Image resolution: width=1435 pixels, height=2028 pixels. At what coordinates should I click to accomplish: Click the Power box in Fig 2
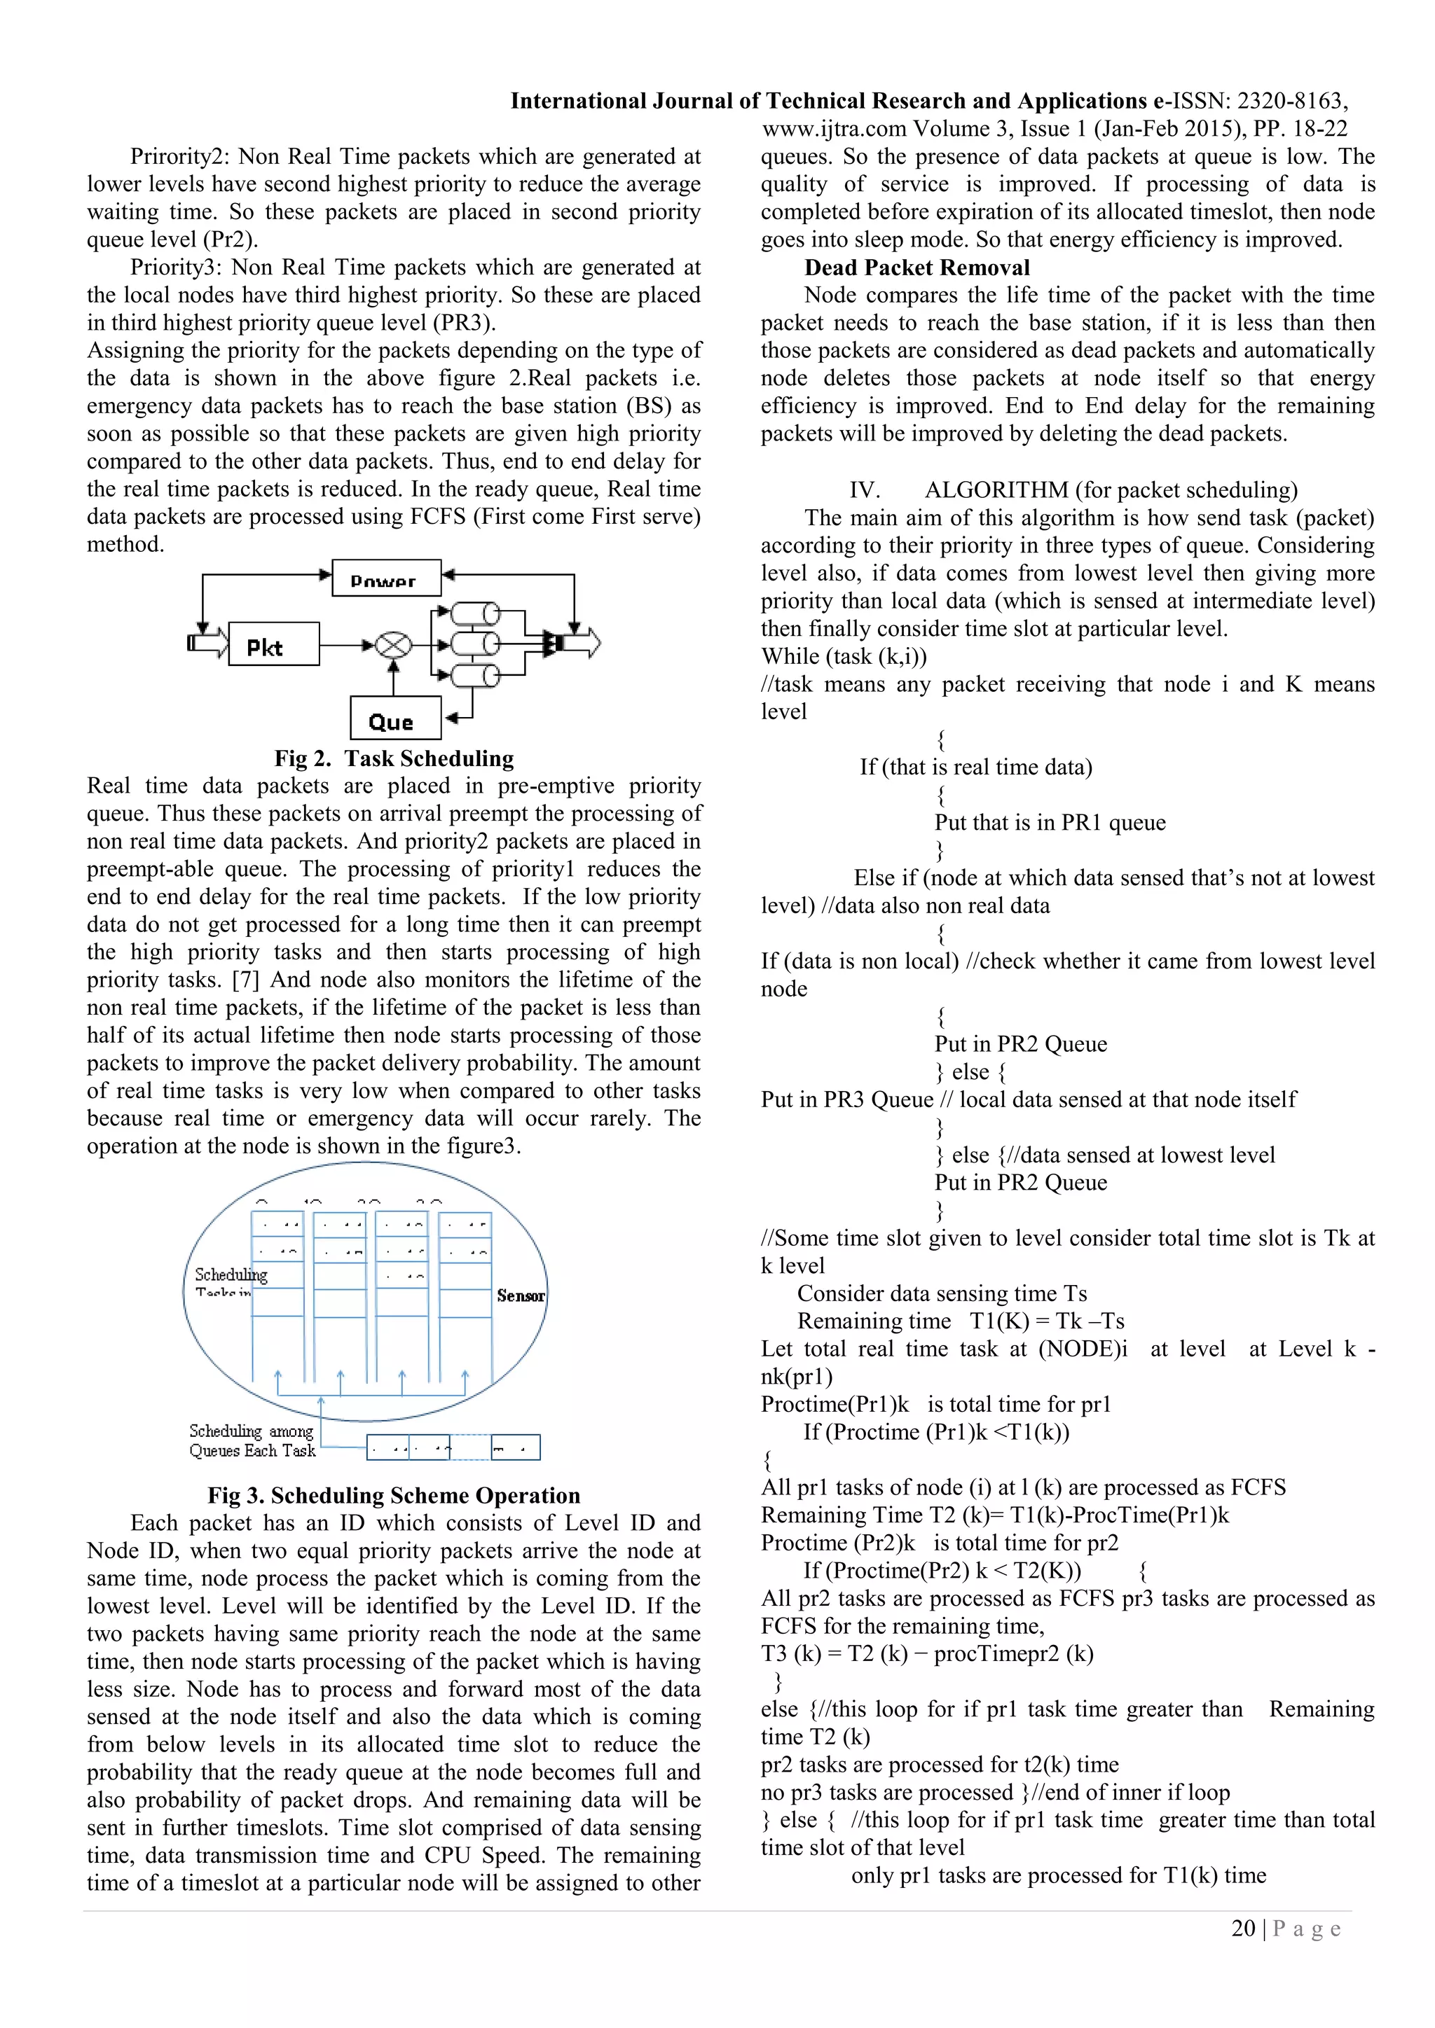(386, 578)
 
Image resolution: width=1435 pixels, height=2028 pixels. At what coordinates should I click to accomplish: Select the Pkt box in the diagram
(274, 644)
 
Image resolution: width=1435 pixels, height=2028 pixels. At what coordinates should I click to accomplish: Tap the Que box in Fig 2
(395, 718)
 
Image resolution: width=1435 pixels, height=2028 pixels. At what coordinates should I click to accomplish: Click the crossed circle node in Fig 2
(393, 645)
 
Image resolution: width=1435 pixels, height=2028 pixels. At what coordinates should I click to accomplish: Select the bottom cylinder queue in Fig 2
(475, 676)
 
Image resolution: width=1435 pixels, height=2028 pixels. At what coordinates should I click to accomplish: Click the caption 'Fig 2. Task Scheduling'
(394, 758)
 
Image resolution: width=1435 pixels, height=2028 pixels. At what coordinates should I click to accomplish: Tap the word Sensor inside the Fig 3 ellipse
(521, 1296)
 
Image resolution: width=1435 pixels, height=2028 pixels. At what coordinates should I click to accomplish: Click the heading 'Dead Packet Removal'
(916, 268)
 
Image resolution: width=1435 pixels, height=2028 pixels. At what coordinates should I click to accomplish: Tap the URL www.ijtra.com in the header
(834, 129)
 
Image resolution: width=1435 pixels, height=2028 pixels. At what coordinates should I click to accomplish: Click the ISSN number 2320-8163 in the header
(1289, 102)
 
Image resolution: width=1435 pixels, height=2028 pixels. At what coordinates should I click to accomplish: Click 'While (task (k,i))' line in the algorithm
(844, 656)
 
